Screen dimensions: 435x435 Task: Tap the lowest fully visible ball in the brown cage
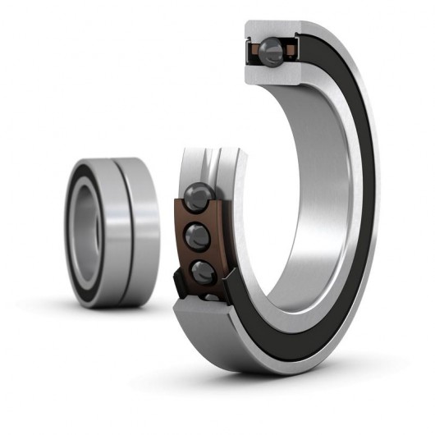[x=202, y=271]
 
